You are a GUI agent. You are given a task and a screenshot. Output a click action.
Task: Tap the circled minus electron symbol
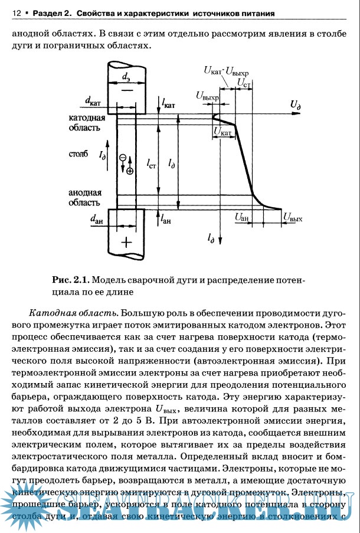(x=123, y=158)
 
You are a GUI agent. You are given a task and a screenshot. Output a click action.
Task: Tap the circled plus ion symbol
(x=130, y=170)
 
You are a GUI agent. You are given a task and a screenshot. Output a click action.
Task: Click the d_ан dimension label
(x=97, y=219)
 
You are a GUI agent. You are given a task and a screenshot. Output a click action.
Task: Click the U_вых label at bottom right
(x=293, y=218)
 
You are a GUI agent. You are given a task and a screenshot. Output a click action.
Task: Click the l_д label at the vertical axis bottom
(x=211, y=238)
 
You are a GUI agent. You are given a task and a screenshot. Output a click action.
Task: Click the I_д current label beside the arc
(x=103, y=156)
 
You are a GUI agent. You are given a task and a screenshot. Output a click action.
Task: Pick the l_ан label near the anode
(x=166, y=219)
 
